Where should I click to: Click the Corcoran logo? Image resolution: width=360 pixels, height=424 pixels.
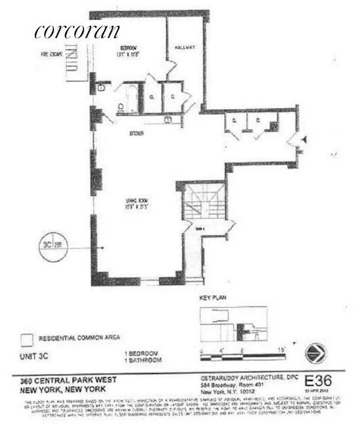click(77, 32)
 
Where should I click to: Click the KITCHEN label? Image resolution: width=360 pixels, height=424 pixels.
click(137, 133)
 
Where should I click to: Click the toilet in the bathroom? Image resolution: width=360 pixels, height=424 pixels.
click(121, 108)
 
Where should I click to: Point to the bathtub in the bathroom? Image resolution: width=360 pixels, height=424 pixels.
click(132, 99)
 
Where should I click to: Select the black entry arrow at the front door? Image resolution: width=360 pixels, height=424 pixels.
click(305, 139)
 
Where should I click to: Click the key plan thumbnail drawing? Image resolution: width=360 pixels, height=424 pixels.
click(233, 324)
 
